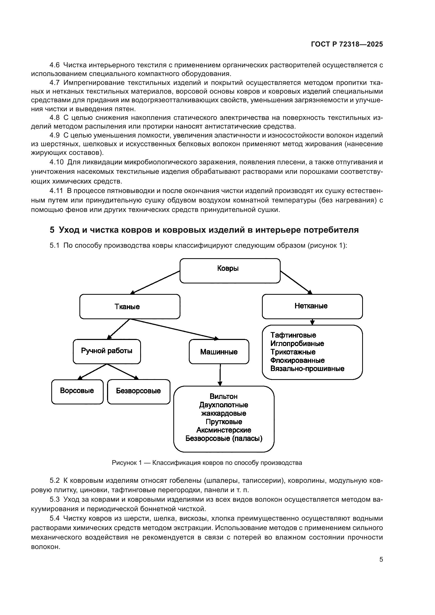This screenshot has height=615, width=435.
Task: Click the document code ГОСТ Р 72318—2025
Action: click(347, 44)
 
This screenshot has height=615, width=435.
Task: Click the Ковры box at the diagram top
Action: click(230, 271)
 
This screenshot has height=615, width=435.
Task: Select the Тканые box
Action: click(130, 306)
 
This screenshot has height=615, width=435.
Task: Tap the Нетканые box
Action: click(312, 306)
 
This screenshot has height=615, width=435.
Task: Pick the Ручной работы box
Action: click(107, 351)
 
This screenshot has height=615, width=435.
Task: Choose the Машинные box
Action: click(219, 352)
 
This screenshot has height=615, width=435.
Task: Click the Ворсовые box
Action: click(77, 391)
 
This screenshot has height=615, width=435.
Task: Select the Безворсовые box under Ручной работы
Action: click(139, 391)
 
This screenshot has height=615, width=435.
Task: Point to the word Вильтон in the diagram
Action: click(223, 397)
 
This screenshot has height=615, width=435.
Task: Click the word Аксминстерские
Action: click(224, 430)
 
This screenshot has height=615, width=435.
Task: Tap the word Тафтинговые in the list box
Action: click(293, 335)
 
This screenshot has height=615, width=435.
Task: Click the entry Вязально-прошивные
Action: click(307, 369)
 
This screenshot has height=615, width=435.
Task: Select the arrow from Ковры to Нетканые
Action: click(296, 283)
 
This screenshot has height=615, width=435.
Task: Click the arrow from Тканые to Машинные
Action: click(174, 329)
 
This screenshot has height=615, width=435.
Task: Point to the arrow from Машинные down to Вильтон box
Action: click(220, 375)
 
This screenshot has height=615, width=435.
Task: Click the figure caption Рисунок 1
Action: click(207, 463)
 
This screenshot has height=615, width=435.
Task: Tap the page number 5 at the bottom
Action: click(381, 560)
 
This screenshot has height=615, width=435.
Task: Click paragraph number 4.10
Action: click(57, 162)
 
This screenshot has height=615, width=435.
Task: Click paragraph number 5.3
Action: click(54, 500)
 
